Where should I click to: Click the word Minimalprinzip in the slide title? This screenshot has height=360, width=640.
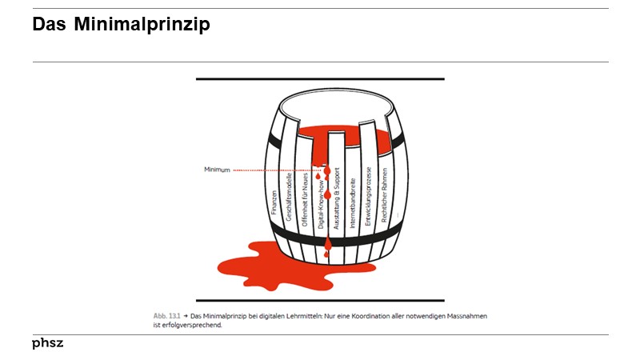click(142, 26)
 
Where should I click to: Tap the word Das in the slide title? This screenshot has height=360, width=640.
click(50, 26)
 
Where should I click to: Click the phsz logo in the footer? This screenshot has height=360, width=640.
click(47, 343)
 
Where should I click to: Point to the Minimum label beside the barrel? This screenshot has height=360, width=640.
click(217, 170)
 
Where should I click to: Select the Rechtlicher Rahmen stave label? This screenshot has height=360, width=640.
click(384, 196)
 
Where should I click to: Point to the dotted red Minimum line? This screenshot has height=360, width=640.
click(276, 170)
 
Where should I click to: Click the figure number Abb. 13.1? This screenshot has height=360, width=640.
click(166, 316)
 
